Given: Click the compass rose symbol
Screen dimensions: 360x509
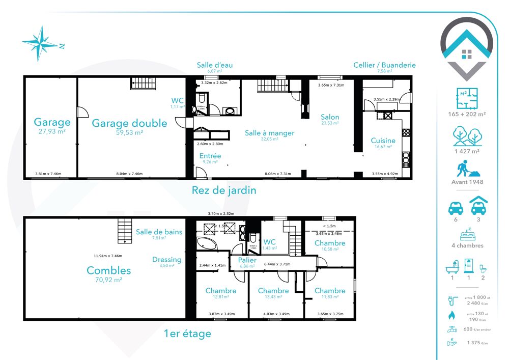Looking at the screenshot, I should pos(40,43).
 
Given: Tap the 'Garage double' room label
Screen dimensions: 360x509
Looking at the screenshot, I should pos(129,123).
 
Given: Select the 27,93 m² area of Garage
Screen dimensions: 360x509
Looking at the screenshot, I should pos(52,131).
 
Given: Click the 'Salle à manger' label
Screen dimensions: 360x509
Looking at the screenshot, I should pos(269,133).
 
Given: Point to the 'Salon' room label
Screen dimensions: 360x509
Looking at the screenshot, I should pos(330,117).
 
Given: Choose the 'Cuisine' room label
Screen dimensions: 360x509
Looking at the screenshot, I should pos(383,141).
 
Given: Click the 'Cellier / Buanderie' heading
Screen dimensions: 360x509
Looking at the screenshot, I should pos(384,65).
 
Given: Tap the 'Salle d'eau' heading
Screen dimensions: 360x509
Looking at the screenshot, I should pos(215,65).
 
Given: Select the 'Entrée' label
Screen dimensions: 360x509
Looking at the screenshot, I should pos(210,156).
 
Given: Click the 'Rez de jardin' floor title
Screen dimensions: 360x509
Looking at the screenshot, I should pos(223,190).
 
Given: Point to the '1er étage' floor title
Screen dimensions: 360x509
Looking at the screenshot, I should pos(187,334).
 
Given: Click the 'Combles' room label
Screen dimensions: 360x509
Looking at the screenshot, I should pos(108,270).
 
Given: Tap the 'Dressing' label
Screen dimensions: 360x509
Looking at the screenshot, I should pos(166,260).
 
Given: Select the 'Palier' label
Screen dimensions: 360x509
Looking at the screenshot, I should pos(247,260).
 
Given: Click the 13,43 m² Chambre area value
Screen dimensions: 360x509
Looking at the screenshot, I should pos(273,297).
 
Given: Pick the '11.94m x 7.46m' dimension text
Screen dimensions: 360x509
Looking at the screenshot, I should pos(107,256).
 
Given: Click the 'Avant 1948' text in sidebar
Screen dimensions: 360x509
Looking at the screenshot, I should pos(467,182).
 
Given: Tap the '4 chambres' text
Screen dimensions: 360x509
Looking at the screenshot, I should pos(467,245).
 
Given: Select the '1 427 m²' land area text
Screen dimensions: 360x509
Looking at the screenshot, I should pos(467,151).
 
